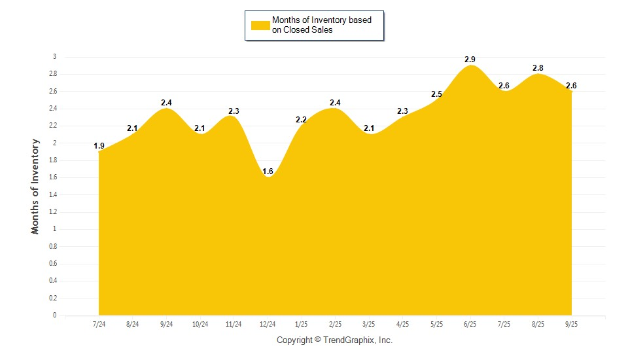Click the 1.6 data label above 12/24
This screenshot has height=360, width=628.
tap(268, 171)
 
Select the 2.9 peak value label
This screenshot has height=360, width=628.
tap(470, 60)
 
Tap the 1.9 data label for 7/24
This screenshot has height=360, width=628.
tap(99, 146)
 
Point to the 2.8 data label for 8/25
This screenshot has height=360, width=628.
tap(538, 68)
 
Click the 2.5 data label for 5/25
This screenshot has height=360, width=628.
tap(436, 94)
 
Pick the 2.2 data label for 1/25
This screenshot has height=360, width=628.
tap(301, 120)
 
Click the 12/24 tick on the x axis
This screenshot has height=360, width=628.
tap(268, 324)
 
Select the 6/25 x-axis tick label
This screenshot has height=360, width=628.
tap(470, 324)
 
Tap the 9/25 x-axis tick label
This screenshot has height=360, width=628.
tap(571, 324)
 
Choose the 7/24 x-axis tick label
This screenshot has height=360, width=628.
tap(99, 324)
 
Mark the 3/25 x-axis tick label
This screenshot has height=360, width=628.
tap(369, 324)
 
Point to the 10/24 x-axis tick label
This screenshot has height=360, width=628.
tap(200, 324)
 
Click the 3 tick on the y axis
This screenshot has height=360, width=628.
tap(55, 57)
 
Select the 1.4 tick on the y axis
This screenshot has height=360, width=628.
tap(52, 194)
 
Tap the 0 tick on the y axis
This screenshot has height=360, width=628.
tap(55, 315)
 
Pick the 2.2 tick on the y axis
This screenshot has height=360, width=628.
tap(52, 126)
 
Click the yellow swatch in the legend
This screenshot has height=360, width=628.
tap(260, 25)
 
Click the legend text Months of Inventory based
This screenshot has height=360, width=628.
tap(321, 20)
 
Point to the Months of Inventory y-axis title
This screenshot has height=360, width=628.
tap(35, 186)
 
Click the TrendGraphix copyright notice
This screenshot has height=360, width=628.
tap(334, 340)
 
